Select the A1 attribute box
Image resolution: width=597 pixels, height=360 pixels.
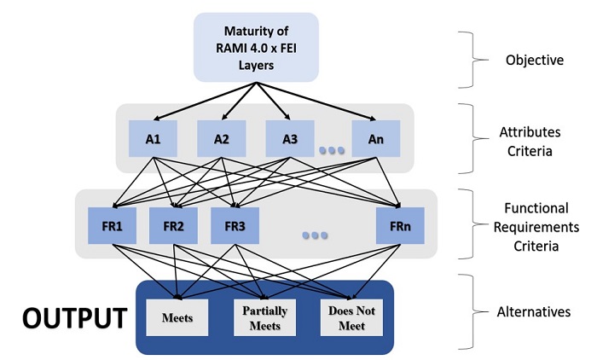coord(154,137)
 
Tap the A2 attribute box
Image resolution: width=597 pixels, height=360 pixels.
coord(222,137)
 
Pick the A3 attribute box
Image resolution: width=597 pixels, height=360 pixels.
coord(289,137)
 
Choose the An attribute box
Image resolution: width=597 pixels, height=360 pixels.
coord(374,137)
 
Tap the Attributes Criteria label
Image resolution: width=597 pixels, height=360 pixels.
coord(530,142)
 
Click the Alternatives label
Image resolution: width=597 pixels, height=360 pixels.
coord(534,312)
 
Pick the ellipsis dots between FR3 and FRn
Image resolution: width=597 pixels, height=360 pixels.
coord(315,235)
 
